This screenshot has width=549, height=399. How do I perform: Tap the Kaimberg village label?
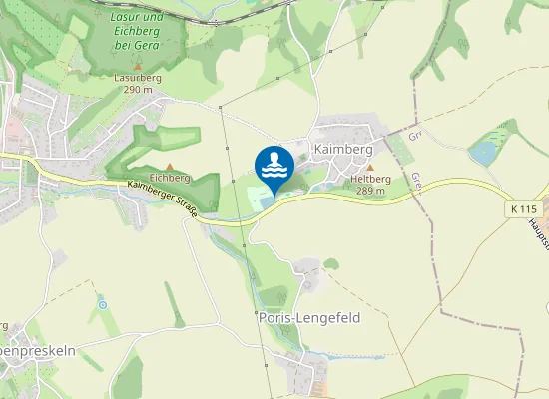[343, 149]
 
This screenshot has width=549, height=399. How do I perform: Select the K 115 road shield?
[522, 209]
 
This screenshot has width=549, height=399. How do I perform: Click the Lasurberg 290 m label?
[138, 83]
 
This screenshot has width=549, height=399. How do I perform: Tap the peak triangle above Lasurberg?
[138, 66]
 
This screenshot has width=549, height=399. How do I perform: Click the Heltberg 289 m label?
[369, 185]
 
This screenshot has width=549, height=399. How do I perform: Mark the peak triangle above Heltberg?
[369, 168]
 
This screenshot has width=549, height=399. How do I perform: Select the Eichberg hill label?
[170, 178]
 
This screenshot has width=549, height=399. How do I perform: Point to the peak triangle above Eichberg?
[170, 166]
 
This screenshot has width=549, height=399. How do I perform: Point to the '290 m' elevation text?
[138, 90]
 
